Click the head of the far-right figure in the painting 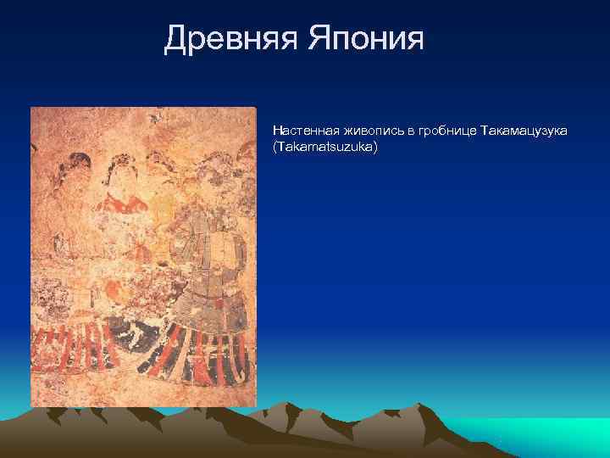coord(229,170)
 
